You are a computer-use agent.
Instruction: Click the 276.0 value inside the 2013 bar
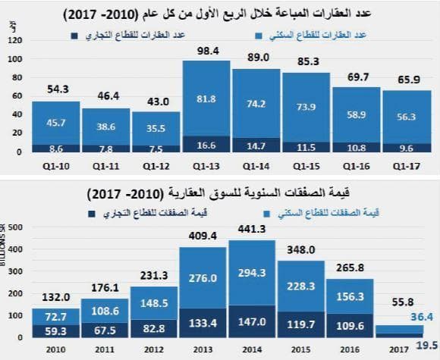tap(203, 279)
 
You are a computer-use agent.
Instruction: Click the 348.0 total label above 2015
tap(302, 250)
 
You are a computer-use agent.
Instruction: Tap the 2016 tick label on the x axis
tap(350, 350)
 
